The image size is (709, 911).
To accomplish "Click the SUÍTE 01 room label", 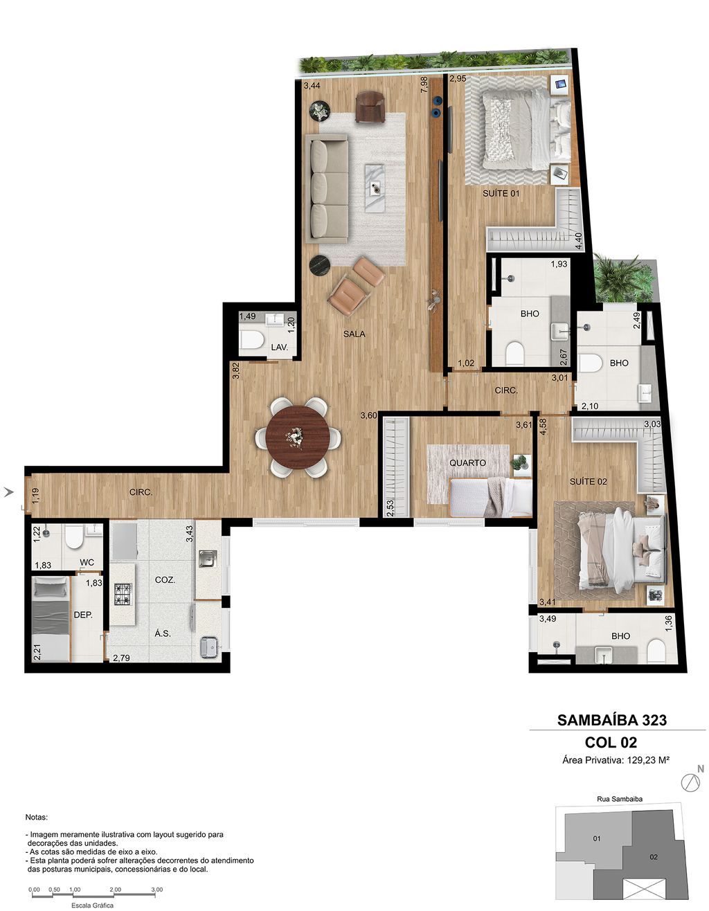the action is point(501,193).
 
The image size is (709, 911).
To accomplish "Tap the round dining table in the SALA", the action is point(298,437).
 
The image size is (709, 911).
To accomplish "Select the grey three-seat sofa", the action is point(327,188).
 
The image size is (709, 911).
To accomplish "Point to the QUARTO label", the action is point(467,463).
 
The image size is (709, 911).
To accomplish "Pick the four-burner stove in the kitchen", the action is point(123,595).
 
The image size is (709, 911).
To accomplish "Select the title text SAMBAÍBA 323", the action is point(612,720).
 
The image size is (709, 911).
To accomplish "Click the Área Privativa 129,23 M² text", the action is point(616,760).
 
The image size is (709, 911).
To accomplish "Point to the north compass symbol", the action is point(691,781).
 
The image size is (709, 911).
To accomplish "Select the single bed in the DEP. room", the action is point(51,619).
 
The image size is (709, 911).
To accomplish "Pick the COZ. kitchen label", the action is point(165,580).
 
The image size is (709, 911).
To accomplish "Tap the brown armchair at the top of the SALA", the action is point(370,107).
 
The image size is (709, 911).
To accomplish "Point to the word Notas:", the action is point(37,817).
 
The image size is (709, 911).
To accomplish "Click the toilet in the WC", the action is point(75,537).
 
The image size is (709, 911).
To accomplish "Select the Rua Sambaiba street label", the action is point(619,799).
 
